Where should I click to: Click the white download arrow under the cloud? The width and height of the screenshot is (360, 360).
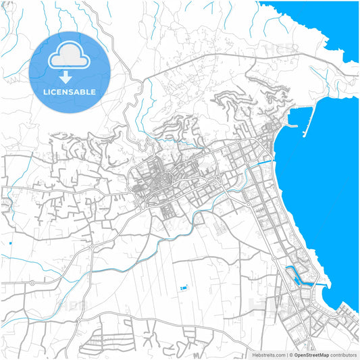70,76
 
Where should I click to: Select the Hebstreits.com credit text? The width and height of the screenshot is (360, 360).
267,355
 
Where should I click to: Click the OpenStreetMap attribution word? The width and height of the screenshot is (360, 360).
311,355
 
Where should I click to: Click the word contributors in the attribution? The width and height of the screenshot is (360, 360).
343,355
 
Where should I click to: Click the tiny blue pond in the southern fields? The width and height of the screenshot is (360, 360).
183,288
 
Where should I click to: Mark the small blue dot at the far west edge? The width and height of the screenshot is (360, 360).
11,243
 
